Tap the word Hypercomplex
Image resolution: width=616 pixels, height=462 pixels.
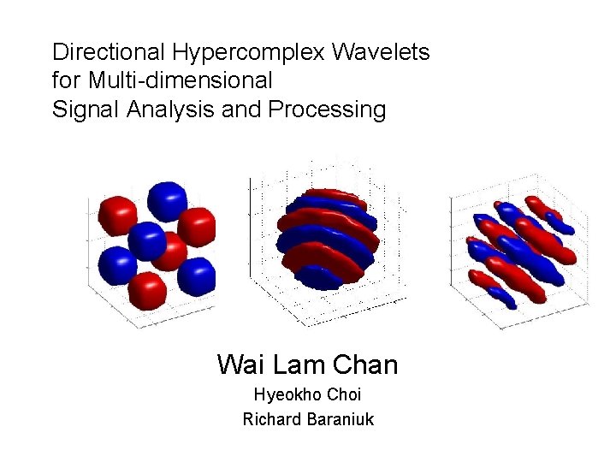(248, 53)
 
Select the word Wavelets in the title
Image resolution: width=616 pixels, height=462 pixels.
(381, 53)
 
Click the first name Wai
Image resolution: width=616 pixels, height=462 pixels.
(241, 364)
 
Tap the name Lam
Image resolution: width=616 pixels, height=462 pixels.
(296, 364)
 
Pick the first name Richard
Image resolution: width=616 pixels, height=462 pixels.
(270, 419)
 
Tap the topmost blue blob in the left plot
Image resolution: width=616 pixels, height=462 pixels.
(167, 200)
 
